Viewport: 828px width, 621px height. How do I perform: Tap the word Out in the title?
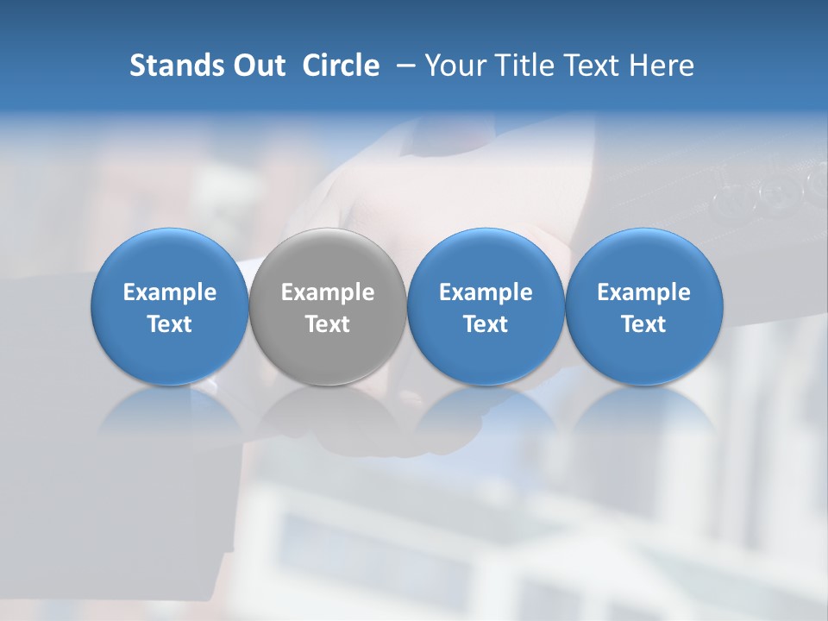(x=257, y=66)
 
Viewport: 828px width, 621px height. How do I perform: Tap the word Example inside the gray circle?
(x=328, y=292)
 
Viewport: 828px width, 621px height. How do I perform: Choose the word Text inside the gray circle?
(x=328, y=324)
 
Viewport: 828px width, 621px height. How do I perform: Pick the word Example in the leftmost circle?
(x=170, y=292)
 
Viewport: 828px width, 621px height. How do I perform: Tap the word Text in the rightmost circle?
(x=644, y=324)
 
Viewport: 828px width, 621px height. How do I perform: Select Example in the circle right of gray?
(x=486, y=292)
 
